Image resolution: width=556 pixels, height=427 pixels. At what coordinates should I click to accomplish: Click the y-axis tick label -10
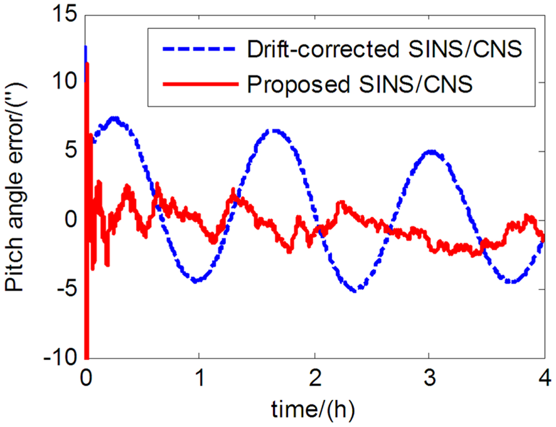click(60, 357)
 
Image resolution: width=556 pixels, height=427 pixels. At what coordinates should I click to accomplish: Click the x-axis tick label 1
click(199, 377)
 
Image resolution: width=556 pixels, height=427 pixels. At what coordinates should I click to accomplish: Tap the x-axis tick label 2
click(315, 377)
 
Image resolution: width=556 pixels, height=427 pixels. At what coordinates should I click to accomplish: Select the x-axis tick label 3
click(429, 377)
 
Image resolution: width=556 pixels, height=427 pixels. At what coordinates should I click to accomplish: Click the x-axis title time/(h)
click(313, 409)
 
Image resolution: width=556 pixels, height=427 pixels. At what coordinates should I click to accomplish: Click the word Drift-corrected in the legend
click(323, 49)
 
